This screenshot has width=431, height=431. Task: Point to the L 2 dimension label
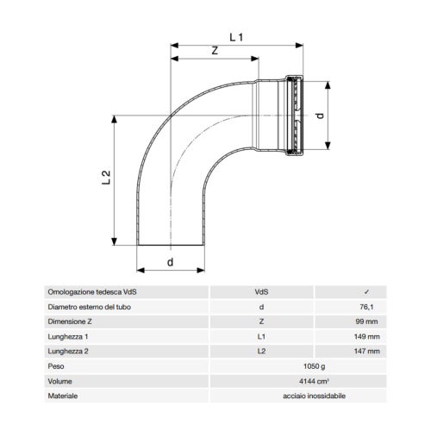(105, 178)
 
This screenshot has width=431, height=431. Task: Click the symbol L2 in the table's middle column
(261, 351)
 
